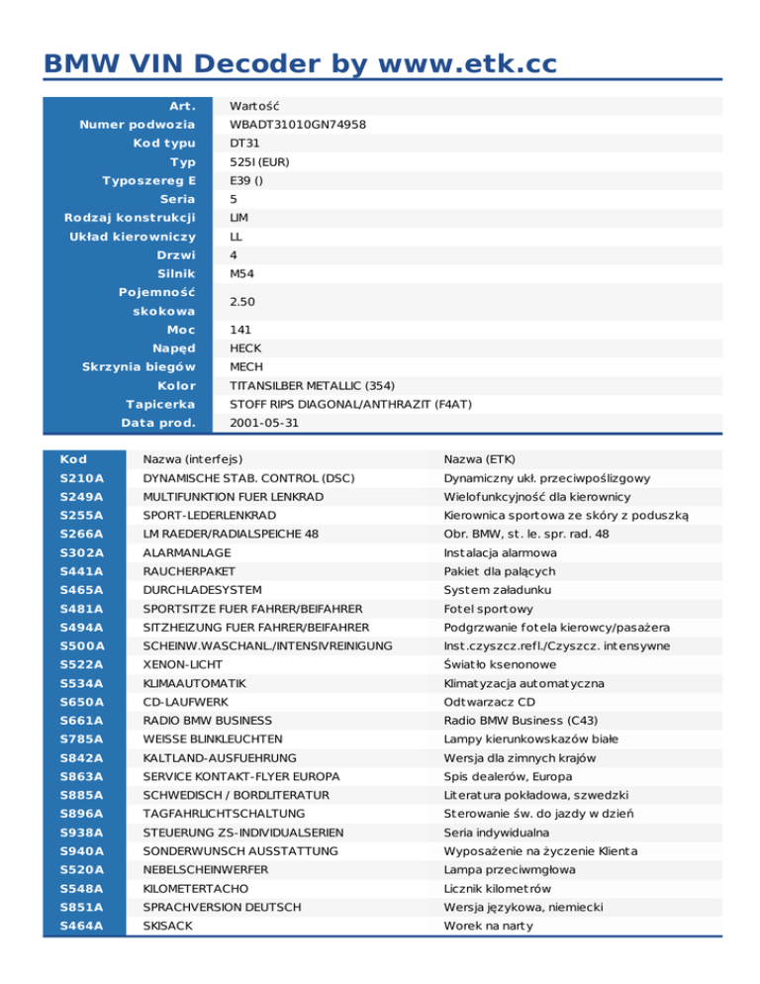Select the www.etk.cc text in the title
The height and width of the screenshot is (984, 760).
[x=461, y=64]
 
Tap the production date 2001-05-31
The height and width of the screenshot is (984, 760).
[x=262, y=423]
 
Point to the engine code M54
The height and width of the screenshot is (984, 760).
[x=243, y=272]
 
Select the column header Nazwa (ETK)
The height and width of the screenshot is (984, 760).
[x=487, y=458]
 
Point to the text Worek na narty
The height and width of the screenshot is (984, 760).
[x=488, y=926]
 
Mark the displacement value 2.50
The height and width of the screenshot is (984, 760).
[x=244, y=301]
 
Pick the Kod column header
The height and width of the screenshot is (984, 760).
[x=73, y=458]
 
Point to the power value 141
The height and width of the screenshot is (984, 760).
[x=240, y=330]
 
